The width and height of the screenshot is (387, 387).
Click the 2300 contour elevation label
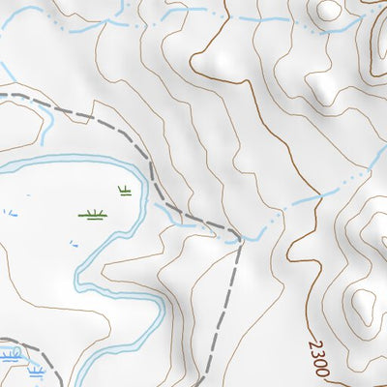pyautogui.click(x=321, y=357)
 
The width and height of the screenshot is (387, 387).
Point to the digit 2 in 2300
pyautogui.click(x=315, y=345)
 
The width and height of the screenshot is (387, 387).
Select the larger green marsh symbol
pyautogui.click(x=93, y=214)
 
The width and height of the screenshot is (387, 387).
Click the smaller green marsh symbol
pyautogui.click(x=124, y=191)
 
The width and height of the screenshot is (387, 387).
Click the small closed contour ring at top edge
pyautogui.click(x=329, y=10)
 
